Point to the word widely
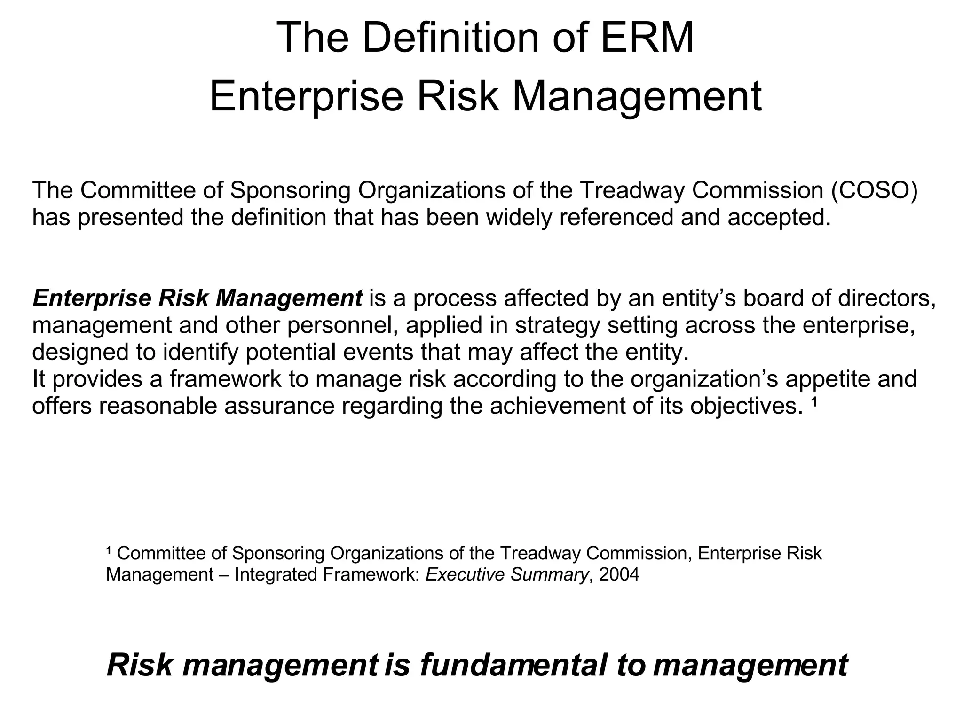[519, 217]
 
